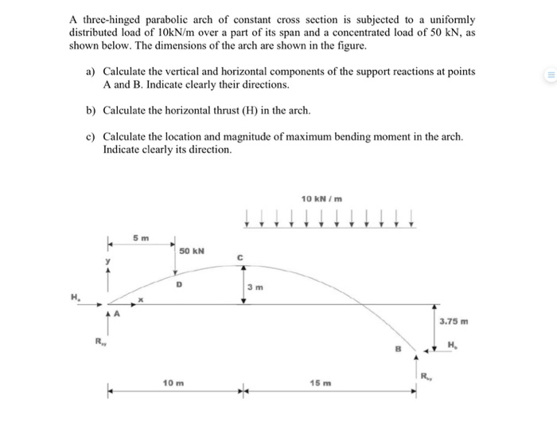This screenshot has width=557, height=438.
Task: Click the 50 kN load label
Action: click(x=192, y=251)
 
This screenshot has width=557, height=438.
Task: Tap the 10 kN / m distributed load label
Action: click(x=322, y=197)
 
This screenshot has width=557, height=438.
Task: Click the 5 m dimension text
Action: click(x=140, y=237)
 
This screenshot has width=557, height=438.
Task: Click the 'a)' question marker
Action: click(x=91, y=72)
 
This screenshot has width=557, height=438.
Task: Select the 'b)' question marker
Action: click(x=91, y=109)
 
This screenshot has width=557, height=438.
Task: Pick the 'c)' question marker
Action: click(x=91, y=136)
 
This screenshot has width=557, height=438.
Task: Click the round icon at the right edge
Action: click(x=547, y=77)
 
